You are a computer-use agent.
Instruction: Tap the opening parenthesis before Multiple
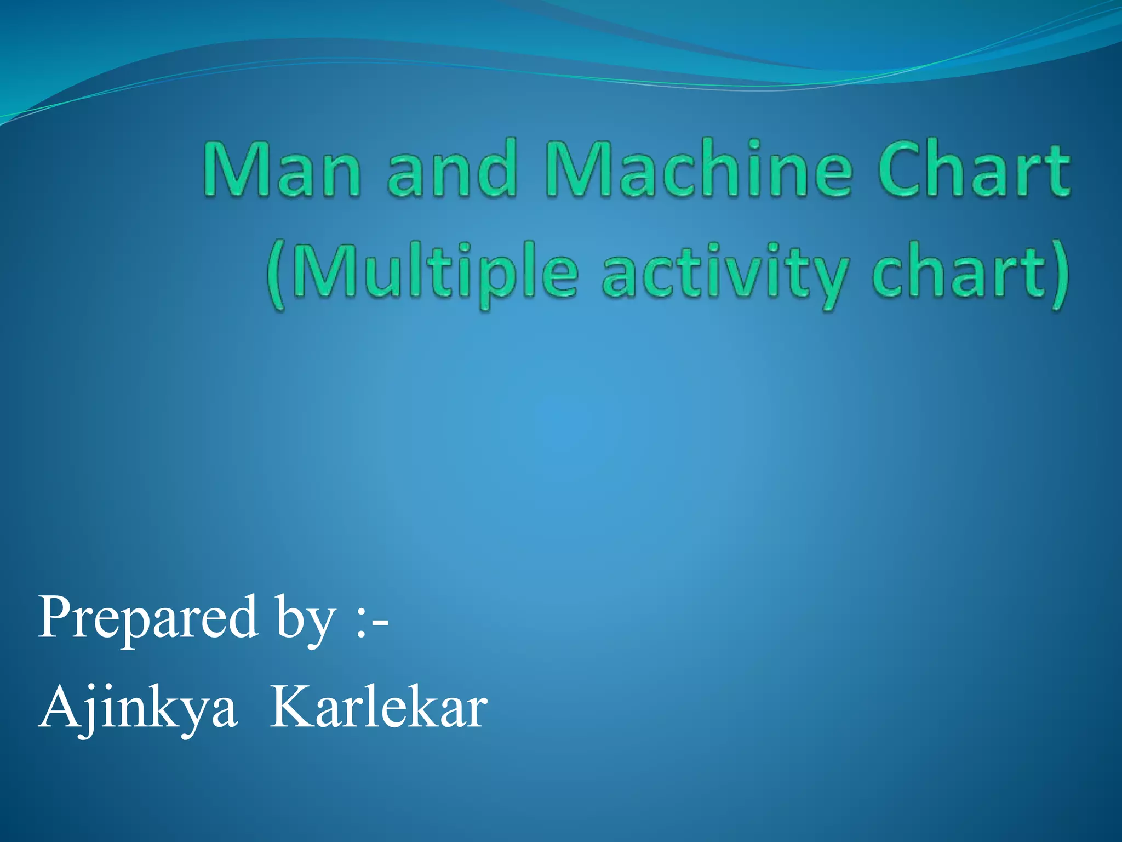pyautogui.click(x=277, y=274)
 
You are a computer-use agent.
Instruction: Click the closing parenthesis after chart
pyautogui.click(x=1060, y=274)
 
